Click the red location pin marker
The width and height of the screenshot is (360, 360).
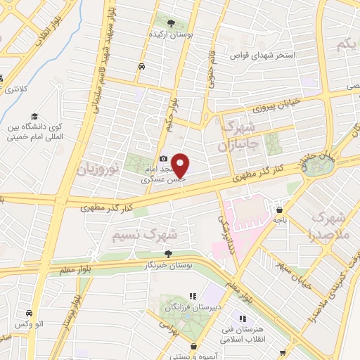181,165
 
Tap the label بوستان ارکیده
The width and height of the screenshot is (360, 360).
167,34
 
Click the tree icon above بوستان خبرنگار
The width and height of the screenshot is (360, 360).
167,254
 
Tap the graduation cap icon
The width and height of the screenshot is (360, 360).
33,117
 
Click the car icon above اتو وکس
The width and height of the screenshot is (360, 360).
29,313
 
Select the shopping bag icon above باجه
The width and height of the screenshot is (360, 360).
280,209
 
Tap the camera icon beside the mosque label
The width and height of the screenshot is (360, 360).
163,159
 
